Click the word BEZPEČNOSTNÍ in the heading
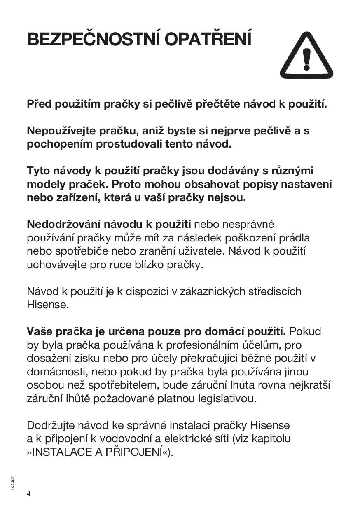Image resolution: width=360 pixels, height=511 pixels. point(93,40)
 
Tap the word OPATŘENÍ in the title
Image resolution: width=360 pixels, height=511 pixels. point(208,40)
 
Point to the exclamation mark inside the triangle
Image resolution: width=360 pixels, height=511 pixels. point(306,59)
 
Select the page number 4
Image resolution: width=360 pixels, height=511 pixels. point(28,494)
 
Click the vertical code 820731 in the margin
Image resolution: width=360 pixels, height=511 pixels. point(12,483)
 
